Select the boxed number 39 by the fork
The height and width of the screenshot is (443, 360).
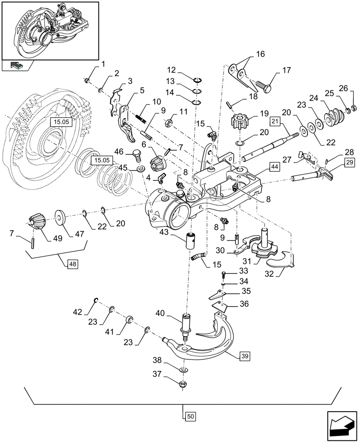point(244,356)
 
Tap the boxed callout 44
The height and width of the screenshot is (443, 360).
point(274,167)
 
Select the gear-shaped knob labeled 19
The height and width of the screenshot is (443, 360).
point(239,120)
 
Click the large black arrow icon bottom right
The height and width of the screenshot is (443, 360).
point(341,425)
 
